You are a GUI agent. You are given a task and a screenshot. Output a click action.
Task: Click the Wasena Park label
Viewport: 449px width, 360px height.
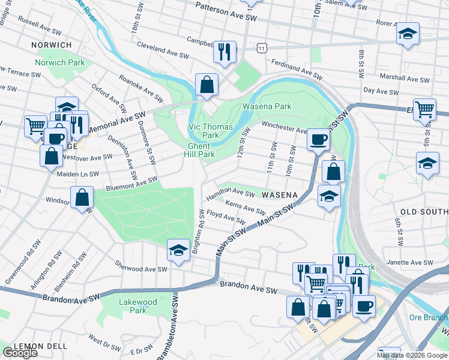267,106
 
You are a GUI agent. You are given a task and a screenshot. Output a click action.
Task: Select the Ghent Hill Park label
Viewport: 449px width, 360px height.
199,150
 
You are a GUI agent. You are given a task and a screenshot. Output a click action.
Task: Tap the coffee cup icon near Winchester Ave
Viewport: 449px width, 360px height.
318,139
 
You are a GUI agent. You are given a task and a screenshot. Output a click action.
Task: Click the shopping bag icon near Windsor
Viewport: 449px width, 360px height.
82,197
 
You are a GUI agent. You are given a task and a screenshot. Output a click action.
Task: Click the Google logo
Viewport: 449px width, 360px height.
20,353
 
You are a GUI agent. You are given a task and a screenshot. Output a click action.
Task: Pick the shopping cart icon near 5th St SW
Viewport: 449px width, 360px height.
425,109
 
